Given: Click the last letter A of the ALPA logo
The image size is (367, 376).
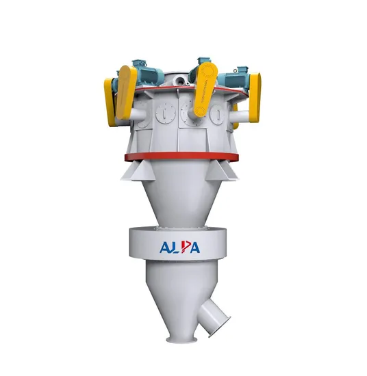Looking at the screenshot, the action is coord(194,247).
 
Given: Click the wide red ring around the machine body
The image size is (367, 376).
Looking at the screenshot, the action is coord(181,157).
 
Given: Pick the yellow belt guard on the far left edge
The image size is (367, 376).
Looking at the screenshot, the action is coord(109,102).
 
